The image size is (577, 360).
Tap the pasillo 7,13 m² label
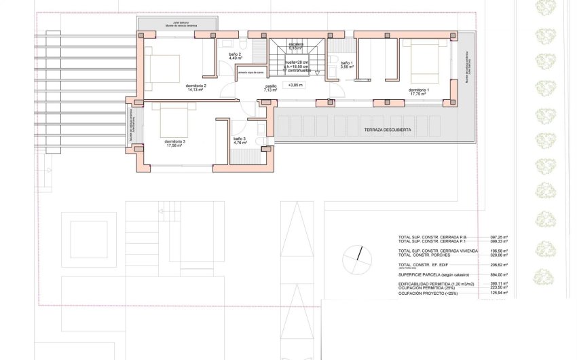tap(271, 88)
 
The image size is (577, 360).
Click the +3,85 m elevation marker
tap(295, 86)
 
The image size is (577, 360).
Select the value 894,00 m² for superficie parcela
tap(499, 274)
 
